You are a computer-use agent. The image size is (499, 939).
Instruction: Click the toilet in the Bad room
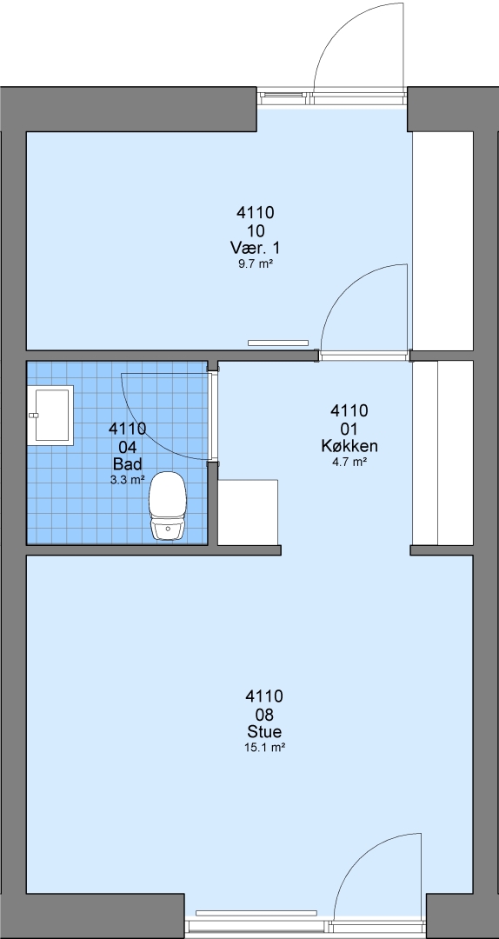[167, 506]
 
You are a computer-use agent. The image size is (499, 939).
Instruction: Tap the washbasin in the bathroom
[50, 415]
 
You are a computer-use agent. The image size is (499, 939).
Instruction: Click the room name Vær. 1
[256, 247]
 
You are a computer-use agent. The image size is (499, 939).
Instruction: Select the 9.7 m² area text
[256, 263]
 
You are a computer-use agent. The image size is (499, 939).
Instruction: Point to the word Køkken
[349, 446]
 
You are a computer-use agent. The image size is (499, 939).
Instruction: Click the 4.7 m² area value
[349, 461]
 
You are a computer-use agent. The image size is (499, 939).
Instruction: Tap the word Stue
[264, 731]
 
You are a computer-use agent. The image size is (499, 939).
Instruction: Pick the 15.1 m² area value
[264, 747]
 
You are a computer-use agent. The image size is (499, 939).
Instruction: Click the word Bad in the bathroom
[127, 464]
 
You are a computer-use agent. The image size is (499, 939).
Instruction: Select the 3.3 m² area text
[127, 479]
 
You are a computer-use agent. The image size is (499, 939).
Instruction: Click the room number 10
[256, 230]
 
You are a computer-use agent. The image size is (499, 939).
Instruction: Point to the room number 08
[264, 714]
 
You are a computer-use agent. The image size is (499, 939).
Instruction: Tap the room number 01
[349, 429]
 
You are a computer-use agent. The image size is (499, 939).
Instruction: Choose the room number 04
[127, 446]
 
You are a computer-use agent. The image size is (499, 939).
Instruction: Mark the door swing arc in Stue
[359, 857]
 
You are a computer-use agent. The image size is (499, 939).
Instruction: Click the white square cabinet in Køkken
[248, 512]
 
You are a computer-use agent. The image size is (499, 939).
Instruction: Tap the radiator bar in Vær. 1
[278, 343]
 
